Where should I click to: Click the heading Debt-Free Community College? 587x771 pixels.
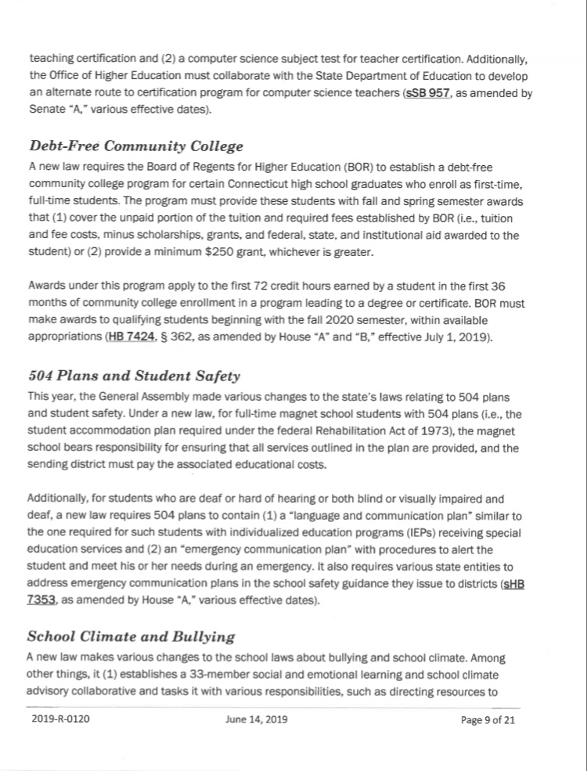[x=135, y=146]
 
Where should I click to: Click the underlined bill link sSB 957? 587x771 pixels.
[x=427, y=93]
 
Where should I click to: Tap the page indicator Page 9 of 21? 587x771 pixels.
[x=488, y=719]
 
